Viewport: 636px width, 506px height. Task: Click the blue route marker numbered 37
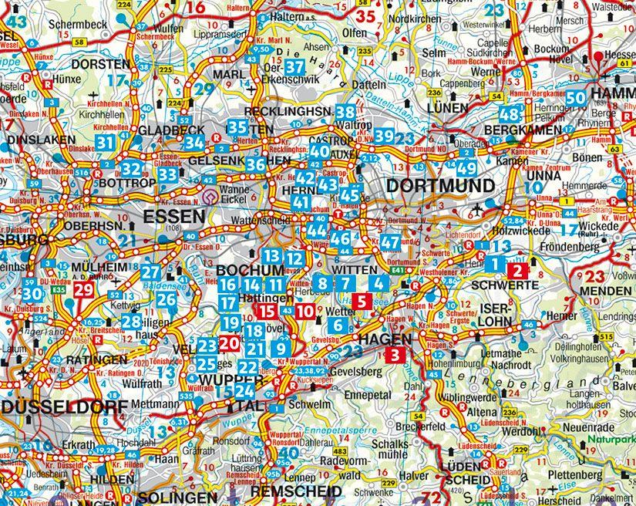294,68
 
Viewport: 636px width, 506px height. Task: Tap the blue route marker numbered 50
575,98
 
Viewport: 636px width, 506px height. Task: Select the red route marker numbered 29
84,290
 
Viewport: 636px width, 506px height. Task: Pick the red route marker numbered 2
518,270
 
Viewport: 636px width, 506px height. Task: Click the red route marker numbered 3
395,355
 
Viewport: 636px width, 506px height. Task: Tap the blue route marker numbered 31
106,141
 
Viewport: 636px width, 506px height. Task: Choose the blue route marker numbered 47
390,242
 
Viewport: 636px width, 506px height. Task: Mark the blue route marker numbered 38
345,113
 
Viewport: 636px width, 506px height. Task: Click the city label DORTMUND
439,186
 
